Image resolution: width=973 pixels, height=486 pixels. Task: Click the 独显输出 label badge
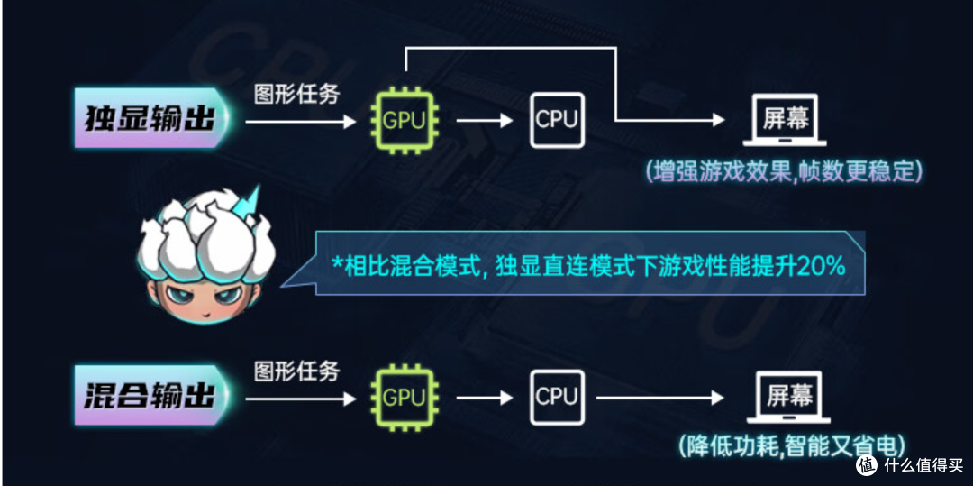150,118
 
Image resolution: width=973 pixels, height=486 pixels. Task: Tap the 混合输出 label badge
150,395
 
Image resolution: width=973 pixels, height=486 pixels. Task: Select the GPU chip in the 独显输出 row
405,120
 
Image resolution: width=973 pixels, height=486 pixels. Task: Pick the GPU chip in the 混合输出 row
405,397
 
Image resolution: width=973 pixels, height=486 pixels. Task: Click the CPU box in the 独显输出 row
557,120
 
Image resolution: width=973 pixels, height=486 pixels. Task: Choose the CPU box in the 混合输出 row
557,397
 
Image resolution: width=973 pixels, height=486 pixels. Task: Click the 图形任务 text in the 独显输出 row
297,95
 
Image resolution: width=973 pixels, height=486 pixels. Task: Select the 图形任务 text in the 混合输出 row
297,371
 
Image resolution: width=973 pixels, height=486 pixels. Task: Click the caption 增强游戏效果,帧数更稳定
783,170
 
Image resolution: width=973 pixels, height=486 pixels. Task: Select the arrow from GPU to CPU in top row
485,121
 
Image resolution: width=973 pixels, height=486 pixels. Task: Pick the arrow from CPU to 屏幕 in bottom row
661,398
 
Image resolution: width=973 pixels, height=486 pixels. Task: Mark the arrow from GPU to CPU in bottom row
485,398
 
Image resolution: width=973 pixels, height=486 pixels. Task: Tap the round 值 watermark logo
867,464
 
